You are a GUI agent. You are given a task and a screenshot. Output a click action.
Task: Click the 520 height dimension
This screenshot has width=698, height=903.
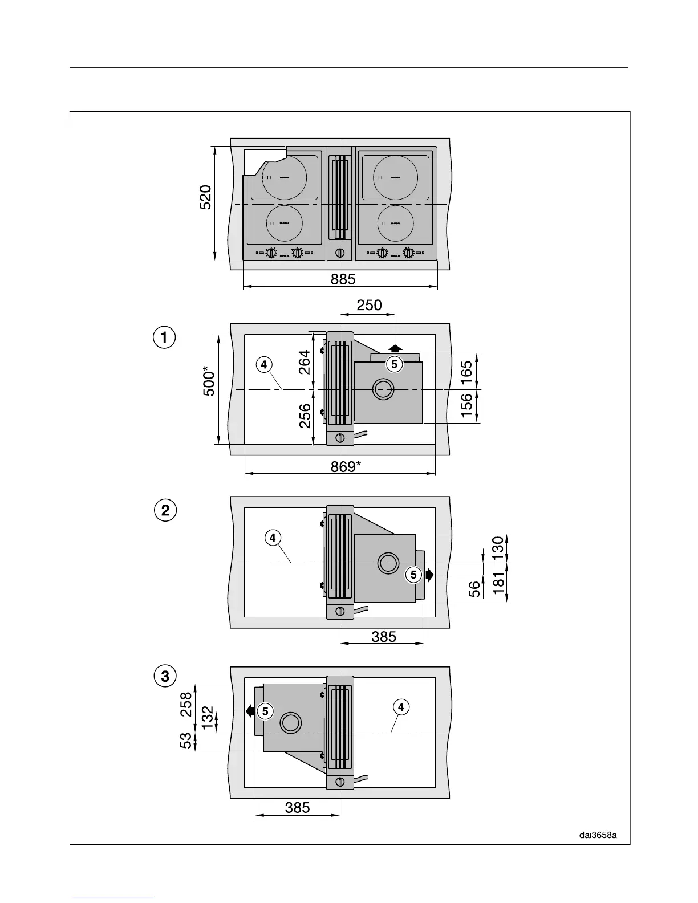206,197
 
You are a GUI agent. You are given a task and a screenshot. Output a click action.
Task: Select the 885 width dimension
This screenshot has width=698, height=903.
343,279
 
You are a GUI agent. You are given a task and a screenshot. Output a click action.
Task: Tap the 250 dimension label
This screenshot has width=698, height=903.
369,305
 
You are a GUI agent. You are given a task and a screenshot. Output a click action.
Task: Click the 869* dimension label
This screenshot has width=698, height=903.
346,466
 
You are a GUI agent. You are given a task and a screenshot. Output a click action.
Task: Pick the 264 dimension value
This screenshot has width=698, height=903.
305,362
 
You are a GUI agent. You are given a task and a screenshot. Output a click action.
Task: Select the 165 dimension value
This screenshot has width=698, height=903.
466,371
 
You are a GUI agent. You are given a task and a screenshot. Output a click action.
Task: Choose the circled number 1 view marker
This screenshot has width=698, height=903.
164,337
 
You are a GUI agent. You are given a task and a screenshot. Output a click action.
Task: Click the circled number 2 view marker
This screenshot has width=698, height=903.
165,510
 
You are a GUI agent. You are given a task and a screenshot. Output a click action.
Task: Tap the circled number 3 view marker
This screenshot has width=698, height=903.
165,677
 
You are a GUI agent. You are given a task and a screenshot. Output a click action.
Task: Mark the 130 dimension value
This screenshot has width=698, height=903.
497,548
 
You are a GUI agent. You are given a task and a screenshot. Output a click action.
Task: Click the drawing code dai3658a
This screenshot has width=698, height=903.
598,835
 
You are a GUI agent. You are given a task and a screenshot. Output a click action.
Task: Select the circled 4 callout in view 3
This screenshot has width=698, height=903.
401,707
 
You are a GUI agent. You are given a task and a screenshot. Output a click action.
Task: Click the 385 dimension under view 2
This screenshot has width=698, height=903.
383,636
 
